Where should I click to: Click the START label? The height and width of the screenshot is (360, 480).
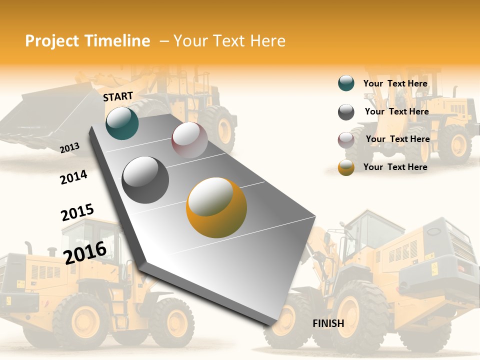point(118,96)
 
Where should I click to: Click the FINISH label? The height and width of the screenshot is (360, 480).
point(328,323)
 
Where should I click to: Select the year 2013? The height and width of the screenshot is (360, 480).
point(70,147)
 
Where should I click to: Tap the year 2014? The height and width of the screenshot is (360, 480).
point(73,177)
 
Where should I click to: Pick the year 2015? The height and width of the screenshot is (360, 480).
point(77,212)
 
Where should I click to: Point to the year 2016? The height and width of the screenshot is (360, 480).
point(85,252)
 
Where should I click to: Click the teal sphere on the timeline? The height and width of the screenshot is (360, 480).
point(122,123)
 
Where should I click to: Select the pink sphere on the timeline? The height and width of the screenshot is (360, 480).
point(189,140)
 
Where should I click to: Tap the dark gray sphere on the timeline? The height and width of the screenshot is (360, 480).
point(145,180)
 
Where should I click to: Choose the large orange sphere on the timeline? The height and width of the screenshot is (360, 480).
point(216,207)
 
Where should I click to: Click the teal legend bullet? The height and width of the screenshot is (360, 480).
point(346,83)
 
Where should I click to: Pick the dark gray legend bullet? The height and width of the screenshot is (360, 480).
point(346,112)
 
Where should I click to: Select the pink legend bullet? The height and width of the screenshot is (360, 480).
point(346,139)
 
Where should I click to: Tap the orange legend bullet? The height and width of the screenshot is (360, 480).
point(346,167)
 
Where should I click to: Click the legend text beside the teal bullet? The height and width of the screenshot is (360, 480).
point(395,83)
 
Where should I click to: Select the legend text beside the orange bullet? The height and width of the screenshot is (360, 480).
point(395,167)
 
